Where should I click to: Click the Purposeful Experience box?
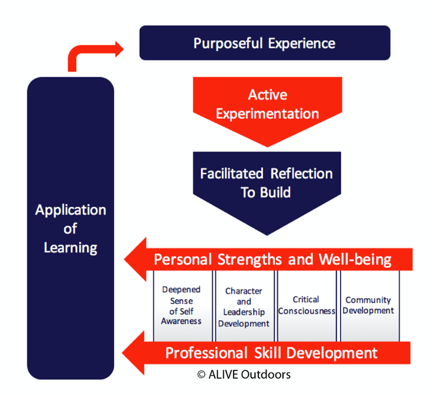point(265,43)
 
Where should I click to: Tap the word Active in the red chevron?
point(268,95)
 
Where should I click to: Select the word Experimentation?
point(267,114)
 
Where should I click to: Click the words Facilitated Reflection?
point(266,173)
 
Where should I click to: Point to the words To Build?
point(265,192)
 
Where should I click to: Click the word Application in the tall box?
point(70,210)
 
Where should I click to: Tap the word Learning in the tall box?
point(70,247)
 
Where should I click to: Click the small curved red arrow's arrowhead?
point(120,49)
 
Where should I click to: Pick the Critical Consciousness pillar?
point(307,306)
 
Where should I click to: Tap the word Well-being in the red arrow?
point(355,260)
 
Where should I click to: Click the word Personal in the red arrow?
point(183,260)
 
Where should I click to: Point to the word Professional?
point(207,353)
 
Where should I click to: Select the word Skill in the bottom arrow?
point(268,353)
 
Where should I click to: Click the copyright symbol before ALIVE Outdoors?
point(201,375)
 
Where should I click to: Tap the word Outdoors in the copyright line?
point(265,374)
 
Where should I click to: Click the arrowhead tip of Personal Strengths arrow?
point(125,260)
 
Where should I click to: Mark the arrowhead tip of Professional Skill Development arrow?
point(122,353)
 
